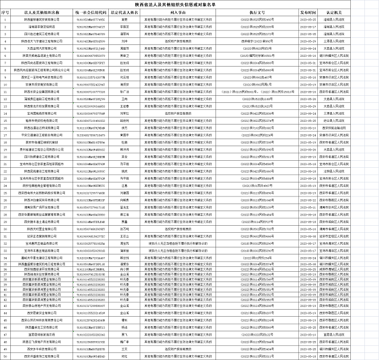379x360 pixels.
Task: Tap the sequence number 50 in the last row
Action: pyautogui.click(x=5, y=356)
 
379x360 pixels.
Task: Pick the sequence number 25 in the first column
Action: pyautogui.click(x=5, y=184)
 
